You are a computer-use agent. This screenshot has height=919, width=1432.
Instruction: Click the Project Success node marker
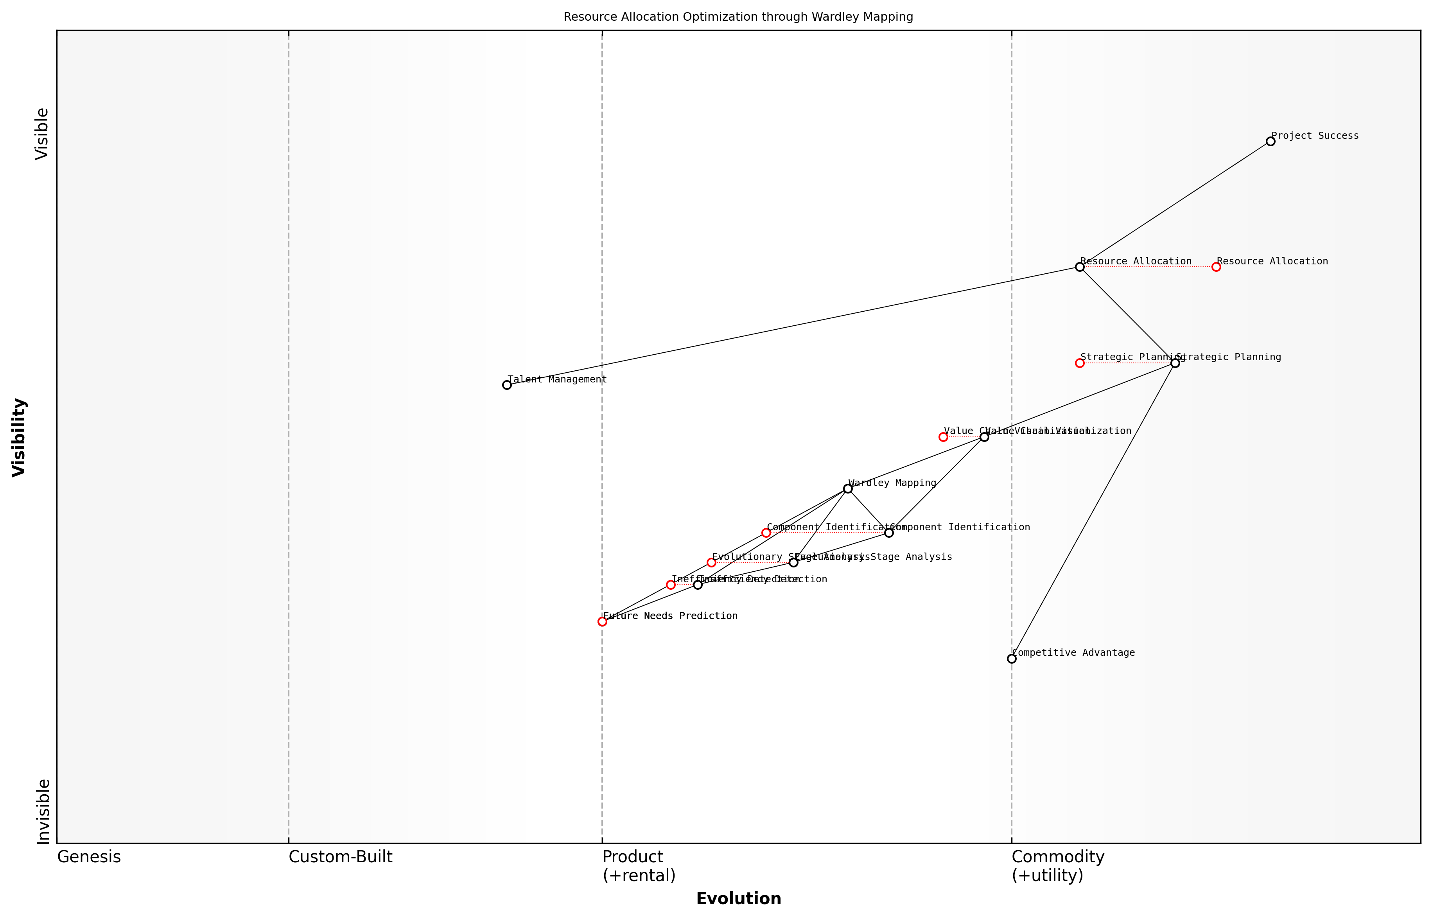point(1270,142)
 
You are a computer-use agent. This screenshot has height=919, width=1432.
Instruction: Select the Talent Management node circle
point(506,385)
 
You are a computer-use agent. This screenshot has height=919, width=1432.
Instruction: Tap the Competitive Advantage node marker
point(1011,659)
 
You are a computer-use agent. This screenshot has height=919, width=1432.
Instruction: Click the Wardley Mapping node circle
point(847,489)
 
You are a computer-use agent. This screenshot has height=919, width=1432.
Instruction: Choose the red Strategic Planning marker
point(1079,363)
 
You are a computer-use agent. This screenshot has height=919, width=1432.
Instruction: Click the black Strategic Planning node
point(1175,363)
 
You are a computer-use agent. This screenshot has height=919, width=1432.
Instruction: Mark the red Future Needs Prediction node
point(602,622)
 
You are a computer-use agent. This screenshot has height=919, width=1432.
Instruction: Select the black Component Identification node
point(888,533)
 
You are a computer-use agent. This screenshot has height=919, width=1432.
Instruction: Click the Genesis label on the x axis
point(89,858)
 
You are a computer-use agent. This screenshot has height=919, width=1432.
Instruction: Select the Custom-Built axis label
point(340,858)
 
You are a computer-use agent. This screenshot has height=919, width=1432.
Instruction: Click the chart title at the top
point(738,17)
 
